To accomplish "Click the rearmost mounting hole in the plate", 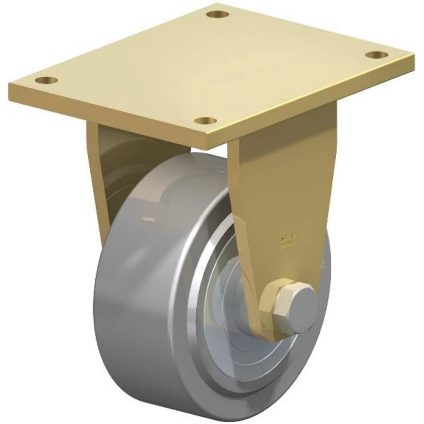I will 218,14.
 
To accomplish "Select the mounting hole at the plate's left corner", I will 46,80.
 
